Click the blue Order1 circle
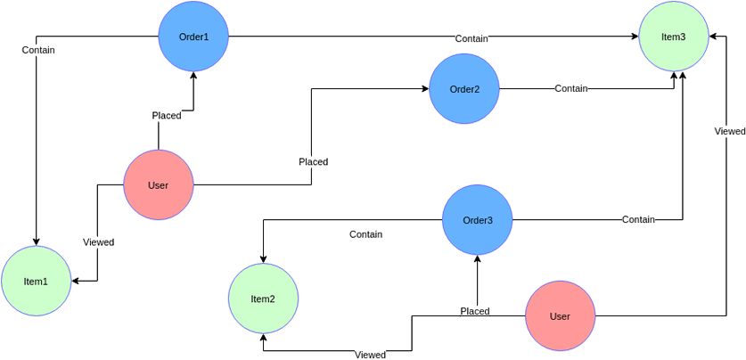click(193, 37)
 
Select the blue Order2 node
click(463, 89)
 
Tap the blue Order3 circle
click(477, 220)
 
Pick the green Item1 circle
click(36, 282)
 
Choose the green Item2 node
click(263, 299)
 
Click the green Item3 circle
click(674, 37)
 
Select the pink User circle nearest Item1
click(158, 185)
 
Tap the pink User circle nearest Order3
click(560, 316)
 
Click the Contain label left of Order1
click(38, 51)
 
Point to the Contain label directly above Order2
click(471, 39)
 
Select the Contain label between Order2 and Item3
click(571, 89)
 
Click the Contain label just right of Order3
click(638, 220)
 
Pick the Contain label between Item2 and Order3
click(365, 234)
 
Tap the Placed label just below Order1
click(167, 116)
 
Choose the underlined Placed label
click(475, 312)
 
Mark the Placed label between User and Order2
click(314, 162)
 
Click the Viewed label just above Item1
click(98, 242)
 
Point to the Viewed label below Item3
click(729, 132)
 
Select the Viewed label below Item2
click(370, 355)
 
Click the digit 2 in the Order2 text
click(477, 89)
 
